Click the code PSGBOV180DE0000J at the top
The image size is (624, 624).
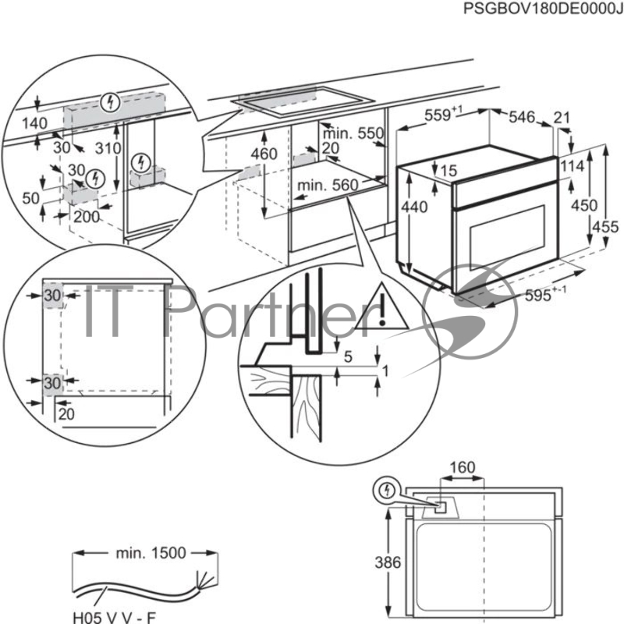tap(543, 9)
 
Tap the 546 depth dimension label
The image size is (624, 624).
tap(522, 117)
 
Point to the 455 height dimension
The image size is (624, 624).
tap(605, 227)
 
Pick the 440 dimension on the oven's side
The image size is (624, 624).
tap(414, 207)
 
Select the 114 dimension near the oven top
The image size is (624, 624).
tap(573, 166)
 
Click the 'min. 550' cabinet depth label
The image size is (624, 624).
tap(353, 133)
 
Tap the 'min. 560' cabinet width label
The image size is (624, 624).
tap(328, 185)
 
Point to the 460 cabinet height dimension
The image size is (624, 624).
tap(264, 154)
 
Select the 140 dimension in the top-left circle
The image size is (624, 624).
tap(34, 123)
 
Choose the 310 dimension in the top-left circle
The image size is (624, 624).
tap(108, 148)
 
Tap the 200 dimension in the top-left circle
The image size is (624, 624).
tap(87, 217)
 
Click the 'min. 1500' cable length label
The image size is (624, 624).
tap(151, 553)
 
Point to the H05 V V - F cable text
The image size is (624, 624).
tap(114, 618)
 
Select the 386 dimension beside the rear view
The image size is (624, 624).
tap(388, 562)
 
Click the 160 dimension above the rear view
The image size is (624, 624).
tap(463, 467)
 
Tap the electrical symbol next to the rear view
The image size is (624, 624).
tap(386, 491)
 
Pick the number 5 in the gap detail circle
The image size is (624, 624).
tap(348, 357)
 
